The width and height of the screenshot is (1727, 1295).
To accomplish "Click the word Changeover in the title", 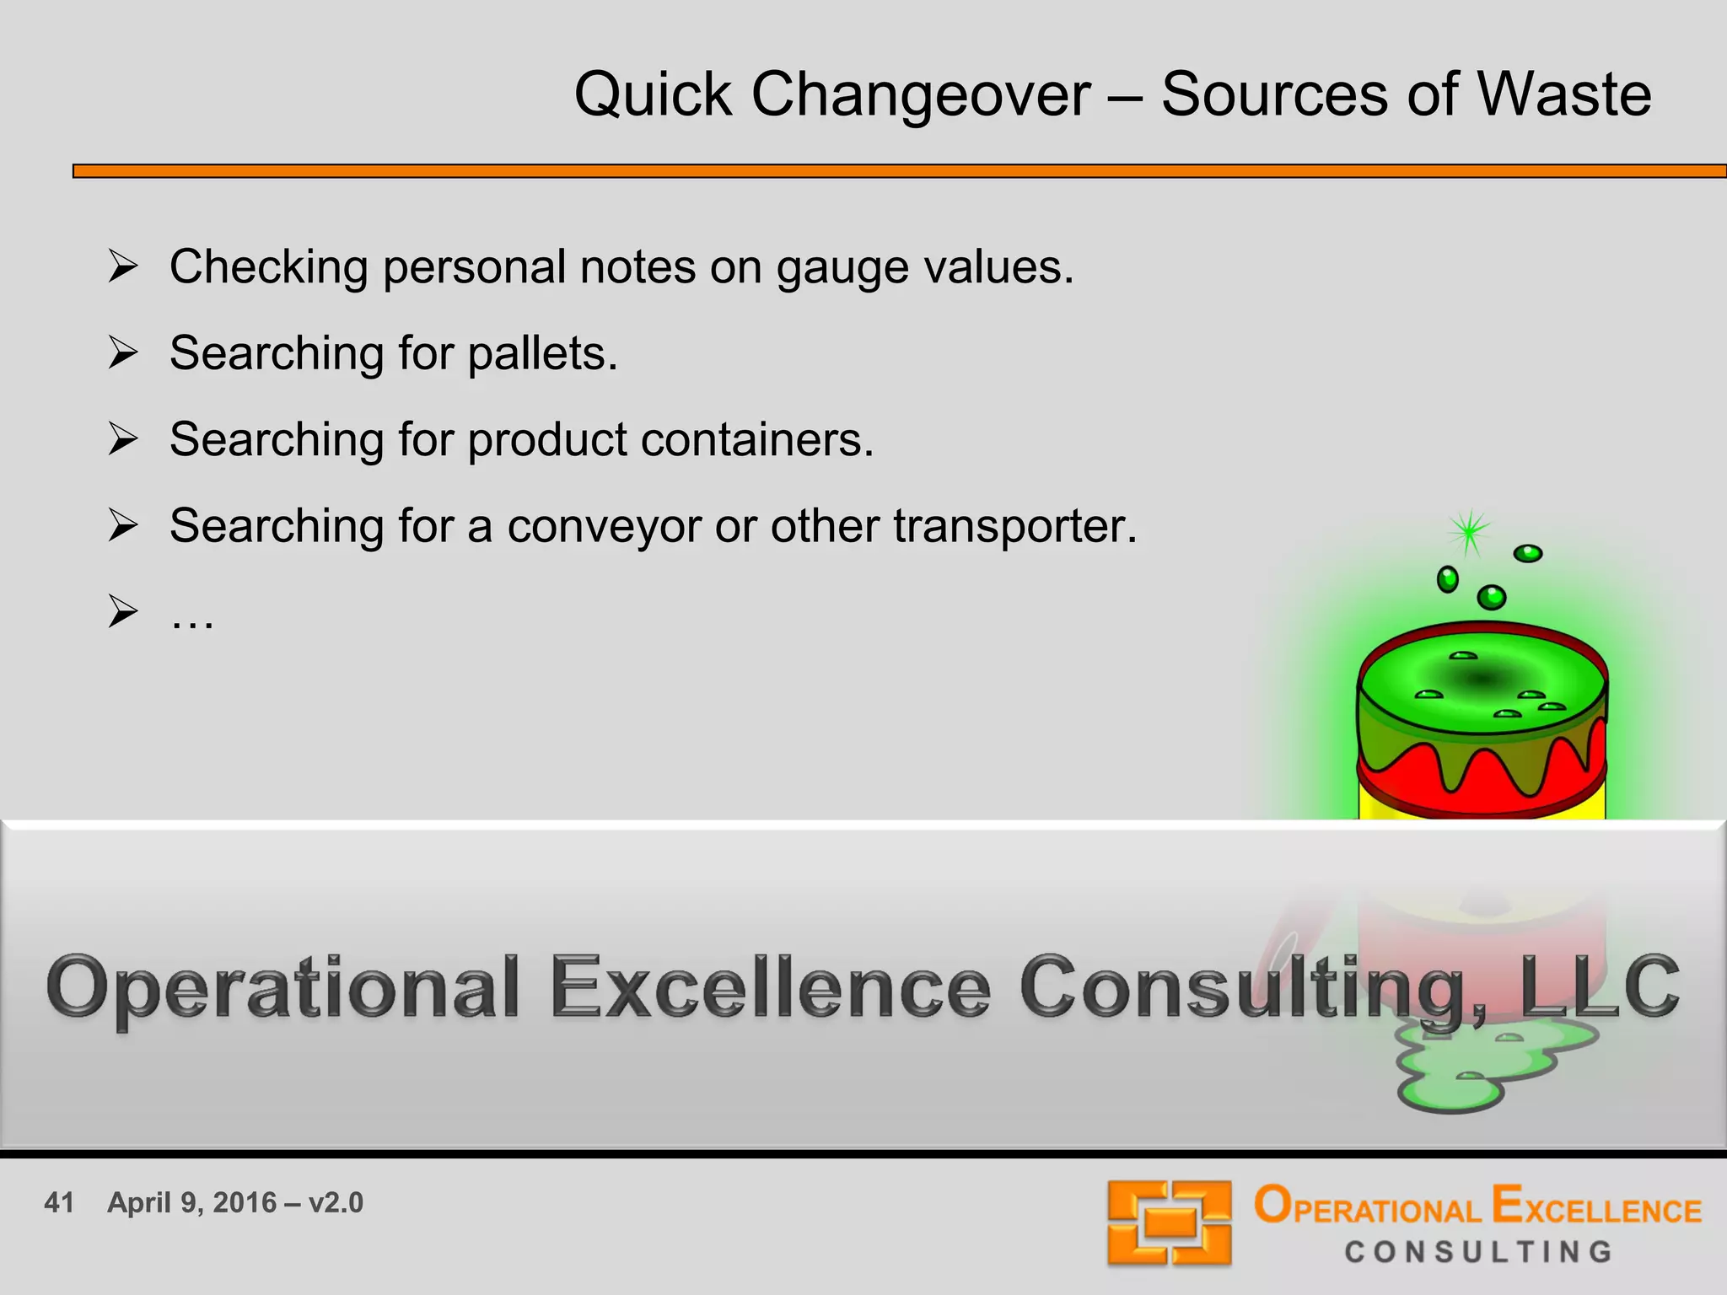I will [x=920, y=94].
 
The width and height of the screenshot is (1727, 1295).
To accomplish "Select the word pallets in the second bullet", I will [x=542, y=353].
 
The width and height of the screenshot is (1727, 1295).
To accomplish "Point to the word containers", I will [x=756, y=440].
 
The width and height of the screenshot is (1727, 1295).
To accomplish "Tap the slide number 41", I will [x=59, y=1202].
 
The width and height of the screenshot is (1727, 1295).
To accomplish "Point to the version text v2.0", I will [x=336, y=1202].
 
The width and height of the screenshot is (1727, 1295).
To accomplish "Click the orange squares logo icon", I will [x=1169, y=1222].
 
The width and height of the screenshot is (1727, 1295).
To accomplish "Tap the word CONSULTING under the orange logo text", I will [x=1478, y=1252].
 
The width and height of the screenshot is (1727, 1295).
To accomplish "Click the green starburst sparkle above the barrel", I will [x=1469, y=531].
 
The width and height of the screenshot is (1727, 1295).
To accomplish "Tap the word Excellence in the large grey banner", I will [x=769, y=986].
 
